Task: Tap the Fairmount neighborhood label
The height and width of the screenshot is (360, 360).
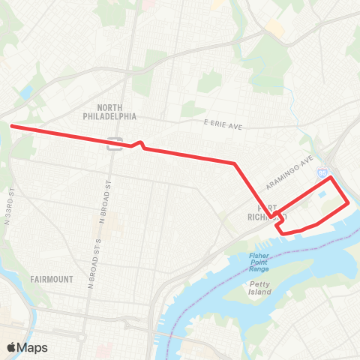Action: [x=52, y=279]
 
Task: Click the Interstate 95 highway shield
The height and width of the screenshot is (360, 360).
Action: [x=322, y=172]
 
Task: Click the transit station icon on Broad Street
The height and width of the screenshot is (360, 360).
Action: [x=115, y=142]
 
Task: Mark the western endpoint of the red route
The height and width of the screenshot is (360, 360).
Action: [x=11, y=127]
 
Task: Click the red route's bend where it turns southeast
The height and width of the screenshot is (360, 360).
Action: [x=235, y=163]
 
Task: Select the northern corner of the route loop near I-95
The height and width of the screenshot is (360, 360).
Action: [x=328, y=178]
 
